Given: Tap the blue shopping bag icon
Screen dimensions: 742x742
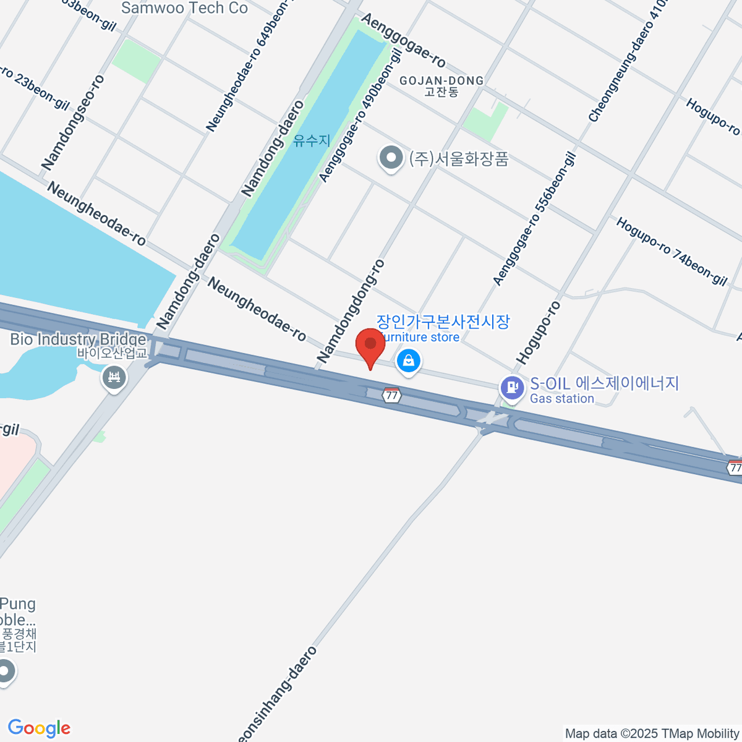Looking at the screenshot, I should tap(408, 360).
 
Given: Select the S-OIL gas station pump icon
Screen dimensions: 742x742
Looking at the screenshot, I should tap(511, 388).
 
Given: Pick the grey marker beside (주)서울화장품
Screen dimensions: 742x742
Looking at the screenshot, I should tap(391, 158).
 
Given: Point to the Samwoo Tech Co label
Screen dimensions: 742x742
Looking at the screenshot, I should tap(184, 8).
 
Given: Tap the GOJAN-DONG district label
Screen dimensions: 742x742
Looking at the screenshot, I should tap(441, 81).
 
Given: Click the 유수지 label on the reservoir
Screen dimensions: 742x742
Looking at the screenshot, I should tap(312, 141).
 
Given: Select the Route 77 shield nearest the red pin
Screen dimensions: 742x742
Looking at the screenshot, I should tap(391, 395).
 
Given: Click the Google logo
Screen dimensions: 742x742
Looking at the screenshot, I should tap(39, 728).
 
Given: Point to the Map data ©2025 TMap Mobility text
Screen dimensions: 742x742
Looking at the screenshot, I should tap(652, 734).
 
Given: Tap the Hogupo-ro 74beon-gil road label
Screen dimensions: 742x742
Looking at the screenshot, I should tap(672, 251).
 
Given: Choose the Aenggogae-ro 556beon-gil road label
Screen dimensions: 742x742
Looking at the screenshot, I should tap(534, 220).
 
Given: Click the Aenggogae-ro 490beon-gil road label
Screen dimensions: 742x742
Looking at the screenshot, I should tap(360, 116).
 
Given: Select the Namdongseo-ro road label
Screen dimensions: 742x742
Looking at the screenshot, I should tap(73, 122).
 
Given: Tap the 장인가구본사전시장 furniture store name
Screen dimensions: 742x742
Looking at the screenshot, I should tap(443, 322).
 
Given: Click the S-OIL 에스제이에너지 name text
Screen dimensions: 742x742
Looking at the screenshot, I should tap(604, 383).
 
